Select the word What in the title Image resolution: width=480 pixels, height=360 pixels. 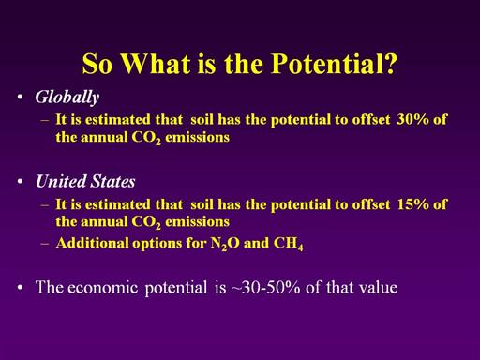[x=156, y=64]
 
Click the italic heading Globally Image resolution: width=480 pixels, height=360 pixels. [x=67, y=97]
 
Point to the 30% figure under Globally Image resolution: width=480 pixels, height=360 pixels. [x=412, y=119]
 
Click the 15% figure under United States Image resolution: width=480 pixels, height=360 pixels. [x=412, y=204]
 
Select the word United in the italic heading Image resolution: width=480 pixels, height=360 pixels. [x=61, y=181]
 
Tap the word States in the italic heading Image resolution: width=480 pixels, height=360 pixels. [x=113, y=181]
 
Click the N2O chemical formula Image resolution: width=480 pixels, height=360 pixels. [x=225, y=244]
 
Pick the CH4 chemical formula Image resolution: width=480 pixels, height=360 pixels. [x=288, y=244]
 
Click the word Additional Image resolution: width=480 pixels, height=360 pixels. [x=92, y=243]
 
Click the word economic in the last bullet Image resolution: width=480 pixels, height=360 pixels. [x=102, y=288]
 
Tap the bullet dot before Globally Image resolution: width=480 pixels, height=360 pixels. [x=21, y=97]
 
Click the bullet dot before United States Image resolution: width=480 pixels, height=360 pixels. [x=21, y=182]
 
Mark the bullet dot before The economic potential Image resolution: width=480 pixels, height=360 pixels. [x=21, y=287]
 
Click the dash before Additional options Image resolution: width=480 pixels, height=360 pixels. [x=45, y=244]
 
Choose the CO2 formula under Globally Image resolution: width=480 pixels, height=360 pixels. [x=146, y=138]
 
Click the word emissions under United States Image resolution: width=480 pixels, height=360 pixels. [x=197, y=221]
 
